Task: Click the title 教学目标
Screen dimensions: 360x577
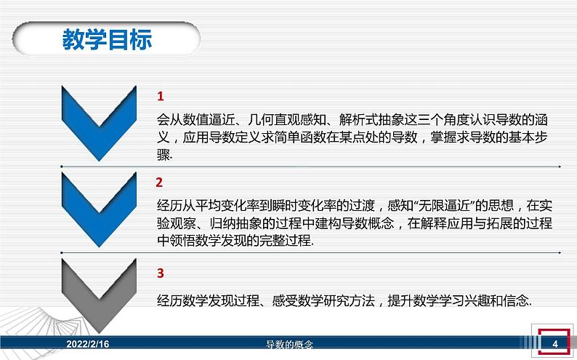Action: click(107, 40)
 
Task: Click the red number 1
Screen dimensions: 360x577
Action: click(161, 97)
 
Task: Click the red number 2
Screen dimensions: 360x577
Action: click(160, 182)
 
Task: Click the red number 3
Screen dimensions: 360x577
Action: click(161, 273)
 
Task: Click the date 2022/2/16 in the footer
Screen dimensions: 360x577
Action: click(89, 343)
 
